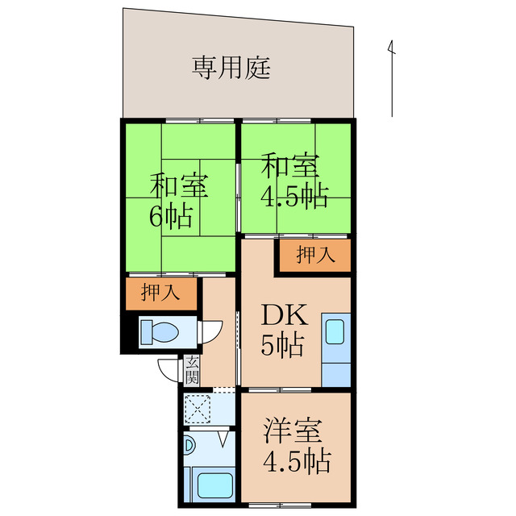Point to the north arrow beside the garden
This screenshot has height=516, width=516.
tap(392, 77)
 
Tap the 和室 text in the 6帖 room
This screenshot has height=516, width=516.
tap(180, 186)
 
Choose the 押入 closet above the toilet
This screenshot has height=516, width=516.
tap(160, 293)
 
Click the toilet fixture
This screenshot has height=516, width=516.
tap(162, 331)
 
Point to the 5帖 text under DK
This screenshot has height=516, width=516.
tap(281, 347)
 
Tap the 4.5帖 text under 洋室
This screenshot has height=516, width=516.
tap(296, 462)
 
